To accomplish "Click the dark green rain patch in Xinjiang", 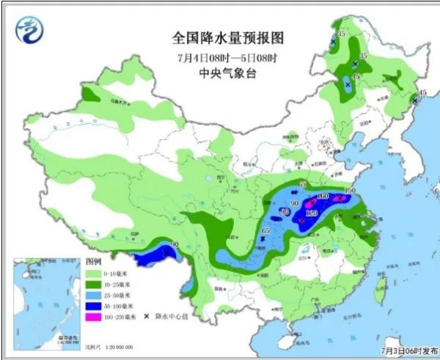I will (x=91, y=93).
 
